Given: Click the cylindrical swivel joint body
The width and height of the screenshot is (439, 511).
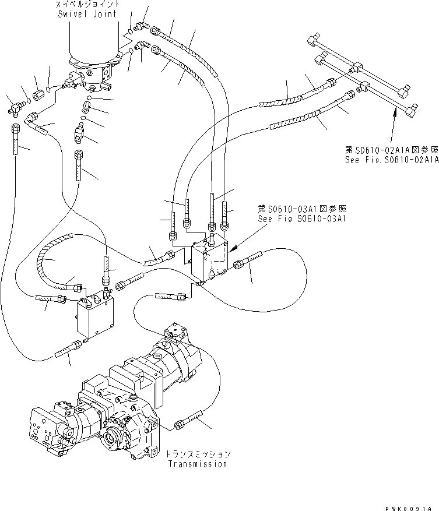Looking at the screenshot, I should (93, 44).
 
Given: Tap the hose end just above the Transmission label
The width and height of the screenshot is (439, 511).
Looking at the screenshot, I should (190, 421).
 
